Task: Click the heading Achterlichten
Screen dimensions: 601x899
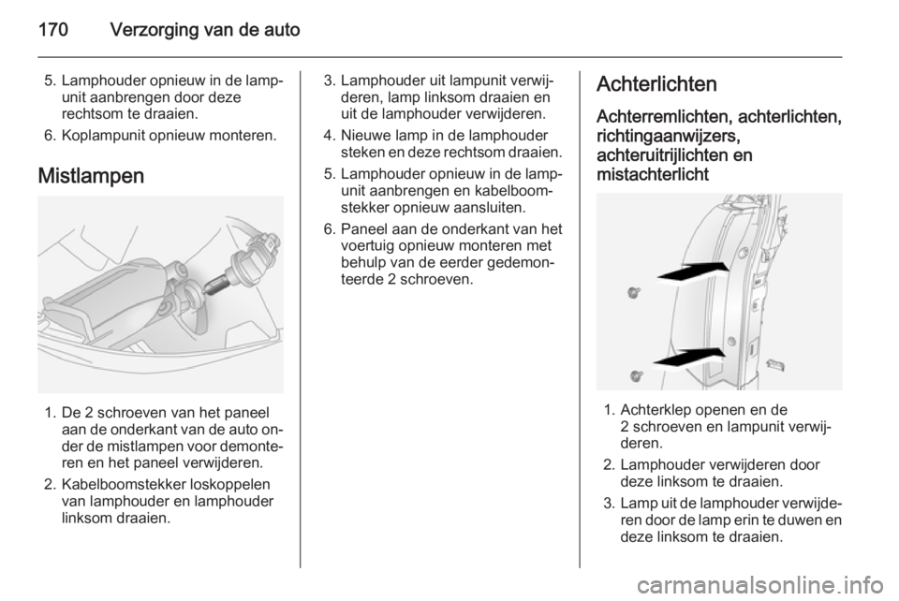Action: [x=656, y=83]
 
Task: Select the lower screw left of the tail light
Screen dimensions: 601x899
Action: [x=636, y=375]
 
